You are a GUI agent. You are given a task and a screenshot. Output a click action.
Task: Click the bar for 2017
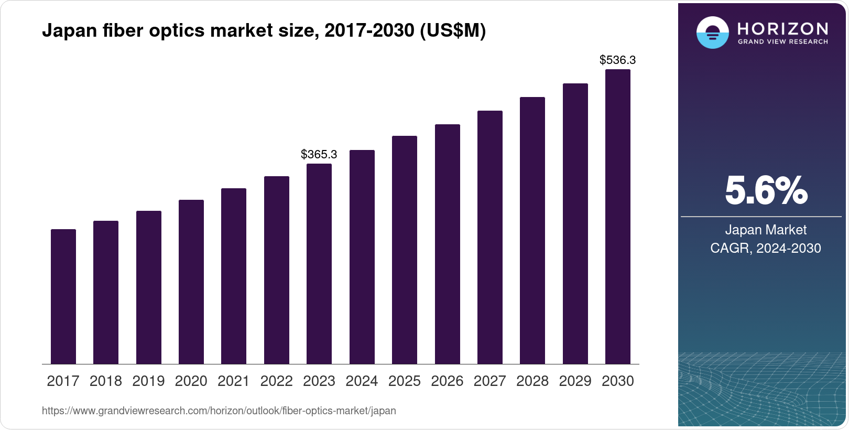point(63,297)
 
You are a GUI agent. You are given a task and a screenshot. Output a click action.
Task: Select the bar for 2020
point(191,282)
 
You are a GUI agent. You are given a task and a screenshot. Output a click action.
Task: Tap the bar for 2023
point(319,264)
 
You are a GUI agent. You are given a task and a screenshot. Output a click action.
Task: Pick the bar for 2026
point(447,244)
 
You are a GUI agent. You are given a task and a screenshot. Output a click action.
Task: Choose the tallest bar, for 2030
point(618,217)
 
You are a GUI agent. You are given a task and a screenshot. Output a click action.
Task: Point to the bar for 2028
point(532,231)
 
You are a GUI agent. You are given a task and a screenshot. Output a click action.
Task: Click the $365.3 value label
point(319,154)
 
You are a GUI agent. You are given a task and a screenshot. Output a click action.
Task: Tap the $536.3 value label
point(617,60)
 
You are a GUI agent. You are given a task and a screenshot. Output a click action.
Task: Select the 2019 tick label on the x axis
point(148,381)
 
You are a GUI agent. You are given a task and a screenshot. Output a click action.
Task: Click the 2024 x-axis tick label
point(362,381)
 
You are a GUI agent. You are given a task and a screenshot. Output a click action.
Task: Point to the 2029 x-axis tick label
point(575,381)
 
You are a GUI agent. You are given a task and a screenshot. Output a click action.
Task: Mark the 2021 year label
point(234,381)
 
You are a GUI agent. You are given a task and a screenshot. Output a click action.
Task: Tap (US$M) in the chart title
point(453,31)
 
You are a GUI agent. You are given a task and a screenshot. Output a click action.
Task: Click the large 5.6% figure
point(766,190)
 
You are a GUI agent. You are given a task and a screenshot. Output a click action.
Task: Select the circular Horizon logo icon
point(712,33)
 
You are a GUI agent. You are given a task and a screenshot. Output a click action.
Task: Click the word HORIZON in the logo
point(783,28)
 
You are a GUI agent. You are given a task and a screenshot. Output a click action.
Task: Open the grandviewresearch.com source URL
point(219,411)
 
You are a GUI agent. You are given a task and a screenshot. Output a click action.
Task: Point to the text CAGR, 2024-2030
point(765,248)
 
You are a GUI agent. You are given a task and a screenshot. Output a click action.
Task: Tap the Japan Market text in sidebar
point(766,230)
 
